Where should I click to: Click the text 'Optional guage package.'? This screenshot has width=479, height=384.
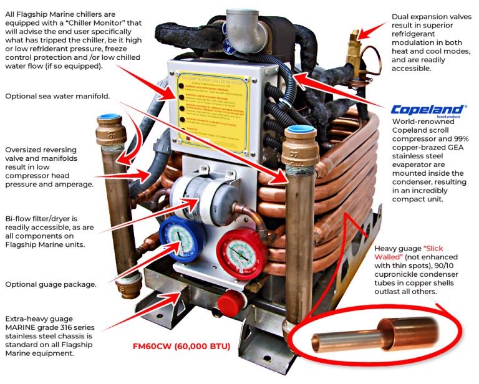click(51, 284)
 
